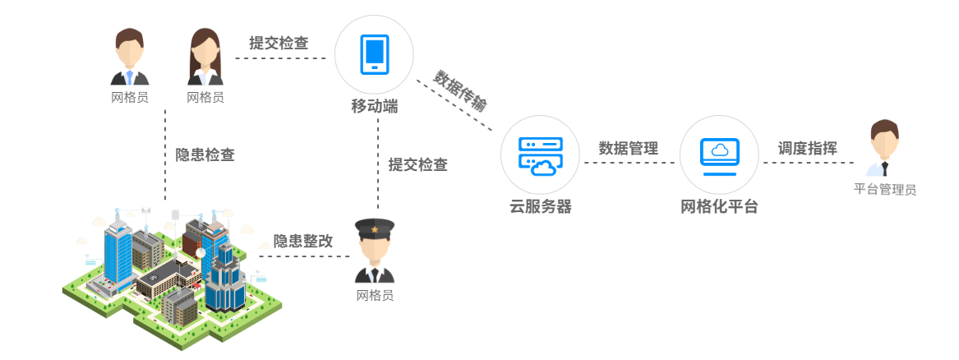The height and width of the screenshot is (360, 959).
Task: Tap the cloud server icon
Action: [x=540, y=156]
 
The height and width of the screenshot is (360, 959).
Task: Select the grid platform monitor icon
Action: [x=719, y=155]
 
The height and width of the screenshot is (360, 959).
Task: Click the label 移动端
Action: [x=375, y=106]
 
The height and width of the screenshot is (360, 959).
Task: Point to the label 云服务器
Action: [x=540, y=206]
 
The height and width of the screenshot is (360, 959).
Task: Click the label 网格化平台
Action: [x=719, y=206]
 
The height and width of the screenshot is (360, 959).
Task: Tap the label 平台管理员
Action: [x=884, y=190]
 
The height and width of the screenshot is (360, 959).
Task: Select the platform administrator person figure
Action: [x=884, y=149]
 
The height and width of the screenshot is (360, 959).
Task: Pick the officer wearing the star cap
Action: [x=375, y=251]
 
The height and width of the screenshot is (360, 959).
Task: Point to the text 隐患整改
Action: [x=303, y=242]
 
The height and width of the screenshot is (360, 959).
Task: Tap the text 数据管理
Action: [x=629, y=149]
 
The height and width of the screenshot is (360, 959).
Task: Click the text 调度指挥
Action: [x=808, y=149]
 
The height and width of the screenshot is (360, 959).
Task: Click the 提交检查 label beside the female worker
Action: [x=279, y=44]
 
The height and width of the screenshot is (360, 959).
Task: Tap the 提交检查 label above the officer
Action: [x=417, y=164]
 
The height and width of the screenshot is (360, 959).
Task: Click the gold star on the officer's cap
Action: [x=375, y=228]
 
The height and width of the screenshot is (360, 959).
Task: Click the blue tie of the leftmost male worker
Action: [x=129, y=77]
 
